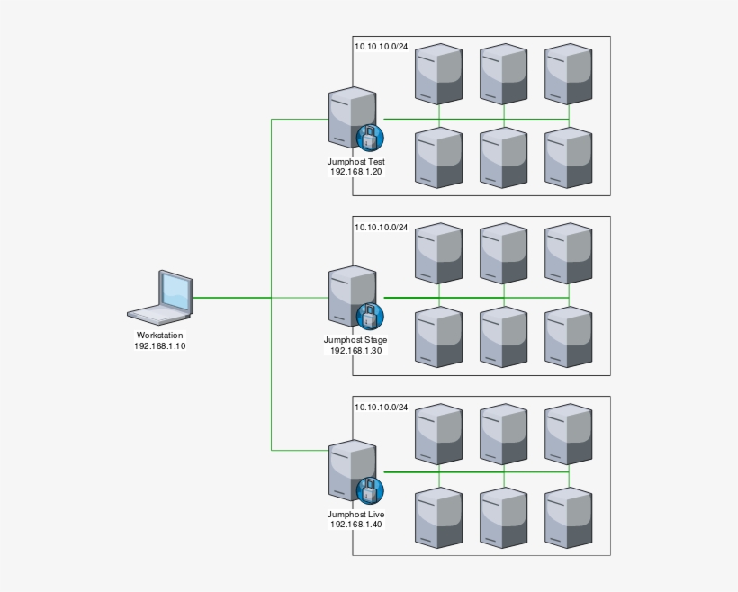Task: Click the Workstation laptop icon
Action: [x=162, y=297]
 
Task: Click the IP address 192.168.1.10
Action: [x=159, y=345]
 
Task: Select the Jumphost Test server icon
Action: [x=351, y=117]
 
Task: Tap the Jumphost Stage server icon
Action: [x=350, y=295]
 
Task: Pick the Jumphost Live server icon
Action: [x=350, y=471]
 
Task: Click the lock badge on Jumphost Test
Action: [x=370, y=138]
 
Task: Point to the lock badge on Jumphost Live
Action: [x=370, y=491]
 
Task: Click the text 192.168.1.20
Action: [x=355, y=171]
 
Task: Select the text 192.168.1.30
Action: [x=355, y=350]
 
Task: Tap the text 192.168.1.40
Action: [x=355, y=524]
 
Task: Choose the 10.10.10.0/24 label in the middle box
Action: [x=381, y=227]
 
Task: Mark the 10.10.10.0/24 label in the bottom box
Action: [x=381, y=407]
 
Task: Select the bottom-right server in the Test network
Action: [x=569, y=157]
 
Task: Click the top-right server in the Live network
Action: [x=569, y=432]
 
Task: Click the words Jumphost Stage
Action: [x=355, y=340]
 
